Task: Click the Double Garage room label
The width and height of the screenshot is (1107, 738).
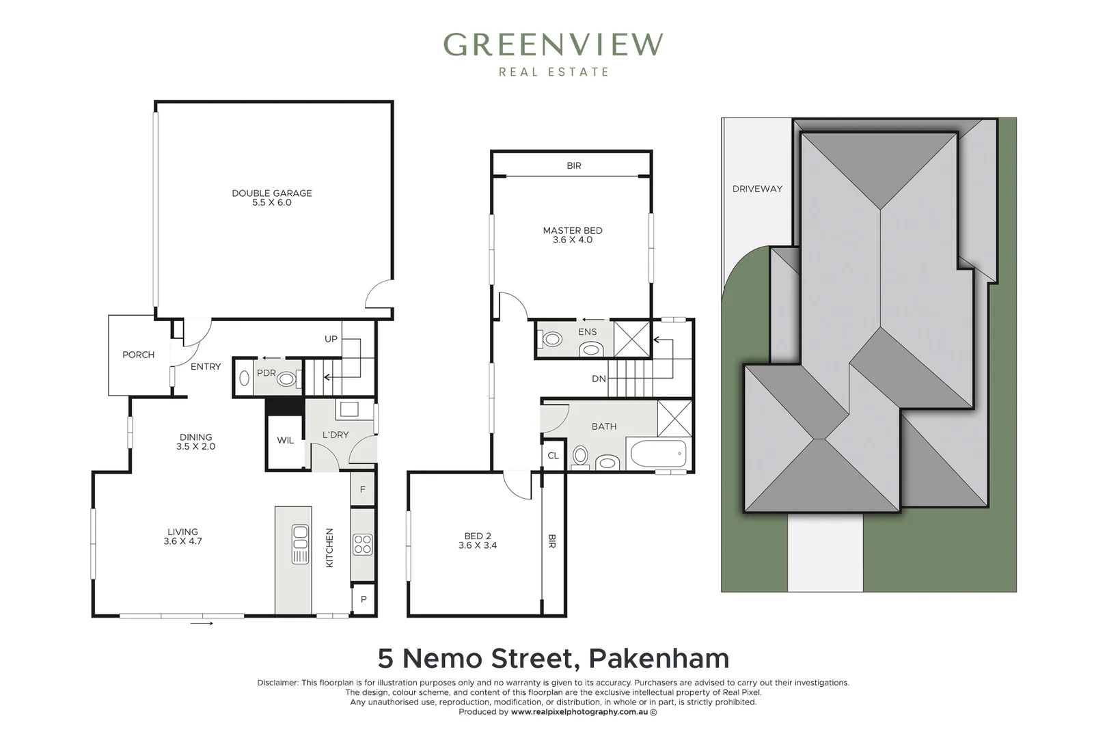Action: (x=271, y=197)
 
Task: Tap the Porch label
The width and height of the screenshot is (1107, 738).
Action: (x=138, y=355)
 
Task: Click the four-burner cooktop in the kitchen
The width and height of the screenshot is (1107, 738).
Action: (x=362, y=544)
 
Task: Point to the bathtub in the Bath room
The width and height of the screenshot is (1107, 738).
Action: (x=657, y=454)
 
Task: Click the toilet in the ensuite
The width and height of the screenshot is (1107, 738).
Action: (x=551, y=339)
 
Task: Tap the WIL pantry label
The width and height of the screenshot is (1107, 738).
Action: (x=285, y=441)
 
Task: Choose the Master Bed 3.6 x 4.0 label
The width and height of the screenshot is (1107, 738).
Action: (x=573, y=235)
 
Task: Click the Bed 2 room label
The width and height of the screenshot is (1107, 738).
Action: (x=478, y=541)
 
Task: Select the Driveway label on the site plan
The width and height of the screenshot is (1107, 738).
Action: (x=757, y=189)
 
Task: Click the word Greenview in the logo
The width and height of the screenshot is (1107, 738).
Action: (x=553, y=45)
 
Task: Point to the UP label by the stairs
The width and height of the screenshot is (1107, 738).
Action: (x=331, y=339)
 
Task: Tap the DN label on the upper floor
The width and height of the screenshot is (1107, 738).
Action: (x=599, y=379)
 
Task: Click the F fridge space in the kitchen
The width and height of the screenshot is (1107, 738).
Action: (x=363, y=489)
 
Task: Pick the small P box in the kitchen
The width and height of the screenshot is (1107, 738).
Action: (x=364, y=600)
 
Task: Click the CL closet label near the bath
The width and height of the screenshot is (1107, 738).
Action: (x=553, y=456)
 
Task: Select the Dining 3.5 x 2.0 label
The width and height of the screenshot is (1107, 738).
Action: (x=196, y=441)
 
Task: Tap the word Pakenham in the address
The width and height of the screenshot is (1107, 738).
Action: (x=659, y=659)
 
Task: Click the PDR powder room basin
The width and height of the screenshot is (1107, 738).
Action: (x=286, y=379)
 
